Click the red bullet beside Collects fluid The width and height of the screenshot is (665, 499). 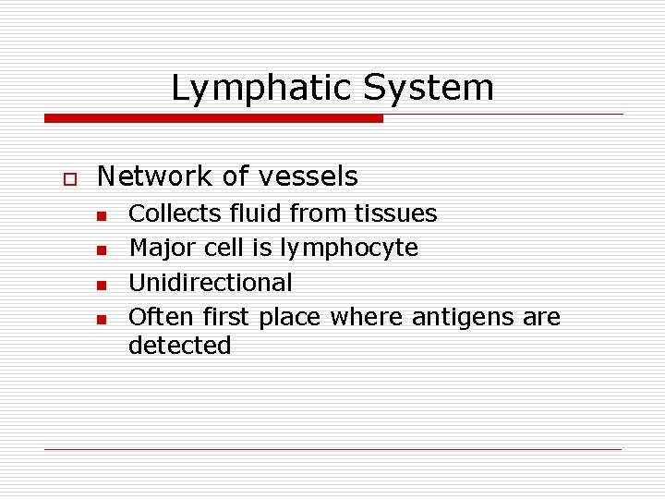pos(102,216)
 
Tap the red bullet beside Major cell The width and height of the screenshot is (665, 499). pos(102,249)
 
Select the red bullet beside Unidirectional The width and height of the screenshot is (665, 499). pos(102,284)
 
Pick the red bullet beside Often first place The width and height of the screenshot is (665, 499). pos(102,319)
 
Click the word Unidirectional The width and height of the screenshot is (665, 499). pos(210,282)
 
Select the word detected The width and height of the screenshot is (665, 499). pos(179,346)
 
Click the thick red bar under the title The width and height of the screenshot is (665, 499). pos(213,118)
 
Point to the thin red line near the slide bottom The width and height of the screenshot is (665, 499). pos(332,449)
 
